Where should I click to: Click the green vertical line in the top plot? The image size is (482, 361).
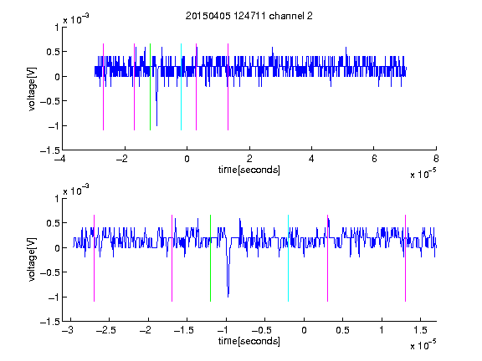(150, 87)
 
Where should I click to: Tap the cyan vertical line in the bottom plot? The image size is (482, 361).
(288, 258)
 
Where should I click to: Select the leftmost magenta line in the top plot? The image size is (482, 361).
(103, 87)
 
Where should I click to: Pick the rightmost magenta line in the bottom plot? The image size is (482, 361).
(405, 258)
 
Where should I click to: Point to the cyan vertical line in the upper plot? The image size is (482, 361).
(181, 87)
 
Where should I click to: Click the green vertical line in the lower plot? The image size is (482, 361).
(210, 258)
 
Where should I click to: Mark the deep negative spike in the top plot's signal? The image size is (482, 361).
(156, 125)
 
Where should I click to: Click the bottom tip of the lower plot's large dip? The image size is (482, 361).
(228, 297)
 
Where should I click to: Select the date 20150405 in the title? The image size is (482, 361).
(208, 16)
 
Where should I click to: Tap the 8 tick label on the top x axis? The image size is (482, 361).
(436, 159)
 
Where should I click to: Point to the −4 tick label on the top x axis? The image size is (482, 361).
(60, 159)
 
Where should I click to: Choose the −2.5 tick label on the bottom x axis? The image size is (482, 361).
(105, 330)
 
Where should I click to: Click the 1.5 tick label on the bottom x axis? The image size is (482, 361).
(420, 330)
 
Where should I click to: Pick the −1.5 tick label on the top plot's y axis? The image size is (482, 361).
(50, 150)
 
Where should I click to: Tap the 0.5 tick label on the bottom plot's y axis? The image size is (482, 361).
(53, 223)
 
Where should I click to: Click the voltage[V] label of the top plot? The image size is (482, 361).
(32, 89)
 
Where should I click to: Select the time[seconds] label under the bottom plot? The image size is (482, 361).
(249, 341)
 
